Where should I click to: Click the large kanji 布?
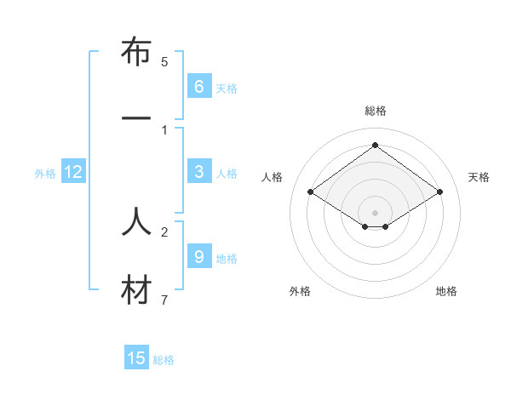tap(136, 54)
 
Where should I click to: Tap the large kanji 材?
tap(136, 290)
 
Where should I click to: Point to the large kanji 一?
tap(136, 119)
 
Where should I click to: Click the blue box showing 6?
tap(198, 86)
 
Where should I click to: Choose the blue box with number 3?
tap(198, 171)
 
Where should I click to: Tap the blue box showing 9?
tap(198, 256)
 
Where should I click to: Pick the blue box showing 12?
tap(73, 172)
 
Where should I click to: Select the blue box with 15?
tap(136, 358)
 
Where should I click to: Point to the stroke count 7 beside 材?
tap(164, 300)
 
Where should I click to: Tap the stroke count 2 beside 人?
tap(164, 231)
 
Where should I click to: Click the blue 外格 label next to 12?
tap(45, 174)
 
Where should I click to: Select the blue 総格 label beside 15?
tap(164, 360)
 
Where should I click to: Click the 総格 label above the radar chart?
tap(375, 111)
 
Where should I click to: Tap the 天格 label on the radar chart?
tap(479, 177)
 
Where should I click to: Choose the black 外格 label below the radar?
tap(300, 291)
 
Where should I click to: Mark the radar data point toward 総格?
tap(375, 145)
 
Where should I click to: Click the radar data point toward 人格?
tap(311, 192)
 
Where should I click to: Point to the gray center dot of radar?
tap(375, 212)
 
